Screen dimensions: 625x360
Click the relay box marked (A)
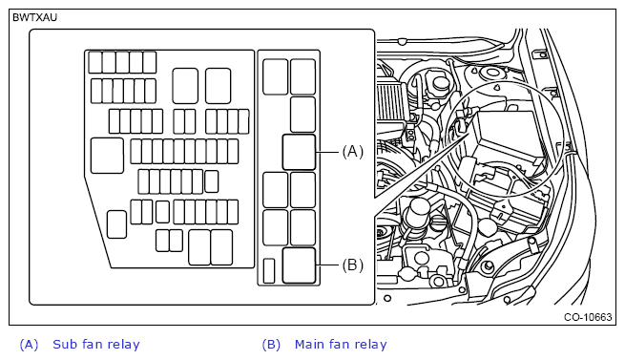[x=299, y=152]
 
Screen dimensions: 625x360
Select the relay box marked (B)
[x=299, y=265]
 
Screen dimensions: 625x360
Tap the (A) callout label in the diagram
[x=353, y=152]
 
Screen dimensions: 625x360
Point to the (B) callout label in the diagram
[x=353, y=265]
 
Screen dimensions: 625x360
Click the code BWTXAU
[x=35, y=17]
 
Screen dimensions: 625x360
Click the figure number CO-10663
[x=588, y=317]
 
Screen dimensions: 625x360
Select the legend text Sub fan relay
[x=96, y=344]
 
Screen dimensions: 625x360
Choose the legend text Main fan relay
[x=341, y=344]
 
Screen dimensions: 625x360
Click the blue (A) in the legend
[x=29, y=345]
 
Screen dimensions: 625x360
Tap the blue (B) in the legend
[x=271, y=345]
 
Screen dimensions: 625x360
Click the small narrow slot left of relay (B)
[x=269, y=271]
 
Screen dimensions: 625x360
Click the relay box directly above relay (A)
[x=302, y=115]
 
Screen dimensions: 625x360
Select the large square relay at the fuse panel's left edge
[x=107, y=156]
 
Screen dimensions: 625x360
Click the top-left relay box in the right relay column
[x=276, y=76]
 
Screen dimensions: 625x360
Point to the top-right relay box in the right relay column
[x=302, y=76]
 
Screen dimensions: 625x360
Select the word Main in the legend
[x=308, y=344]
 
